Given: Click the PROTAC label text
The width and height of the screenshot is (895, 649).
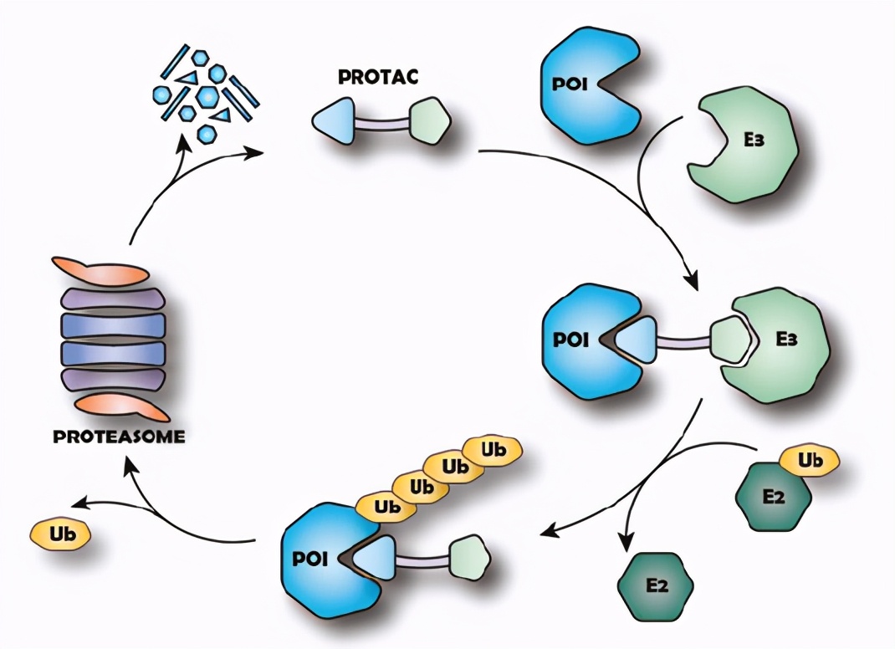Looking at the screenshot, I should [x=378, y=77].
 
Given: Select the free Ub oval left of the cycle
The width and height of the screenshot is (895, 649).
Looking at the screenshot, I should [x=59, y=533].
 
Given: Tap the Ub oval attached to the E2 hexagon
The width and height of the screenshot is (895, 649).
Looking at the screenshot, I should [x=810, y=461].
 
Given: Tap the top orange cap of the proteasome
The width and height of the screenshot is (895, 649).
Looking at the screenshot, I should [x=100, y=271].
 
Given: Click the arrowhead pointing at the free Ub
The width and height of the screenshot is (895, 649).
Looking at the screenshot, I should [x=77, y=503].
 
